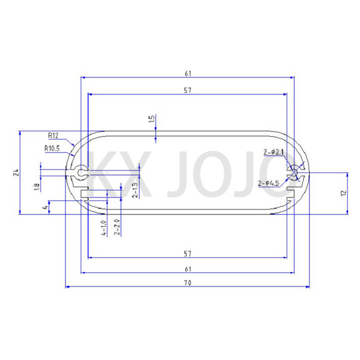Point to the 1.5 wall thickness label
[152, 119]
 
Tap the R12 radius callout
[54, 135]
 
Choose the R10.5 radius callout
[52, 148]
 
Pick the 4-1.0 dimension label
[103, 228]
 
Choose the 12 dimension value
[344, 193]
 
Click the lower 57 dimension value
[188, 254]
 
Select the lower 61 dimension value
[188, 269]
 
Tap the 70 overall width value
[188, 283]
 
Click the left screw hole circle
[81, 172]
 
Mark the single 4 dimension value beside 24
[44, 207]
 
